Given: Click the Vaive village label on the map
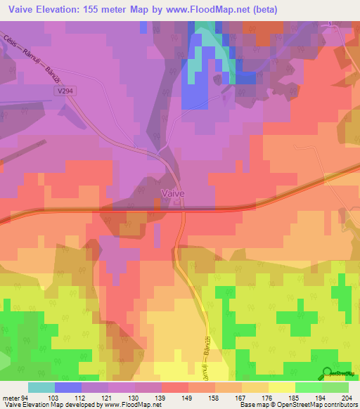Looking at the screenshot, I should coord(173,193).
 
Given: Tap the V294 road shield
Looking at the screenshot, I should coord(67,91).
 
